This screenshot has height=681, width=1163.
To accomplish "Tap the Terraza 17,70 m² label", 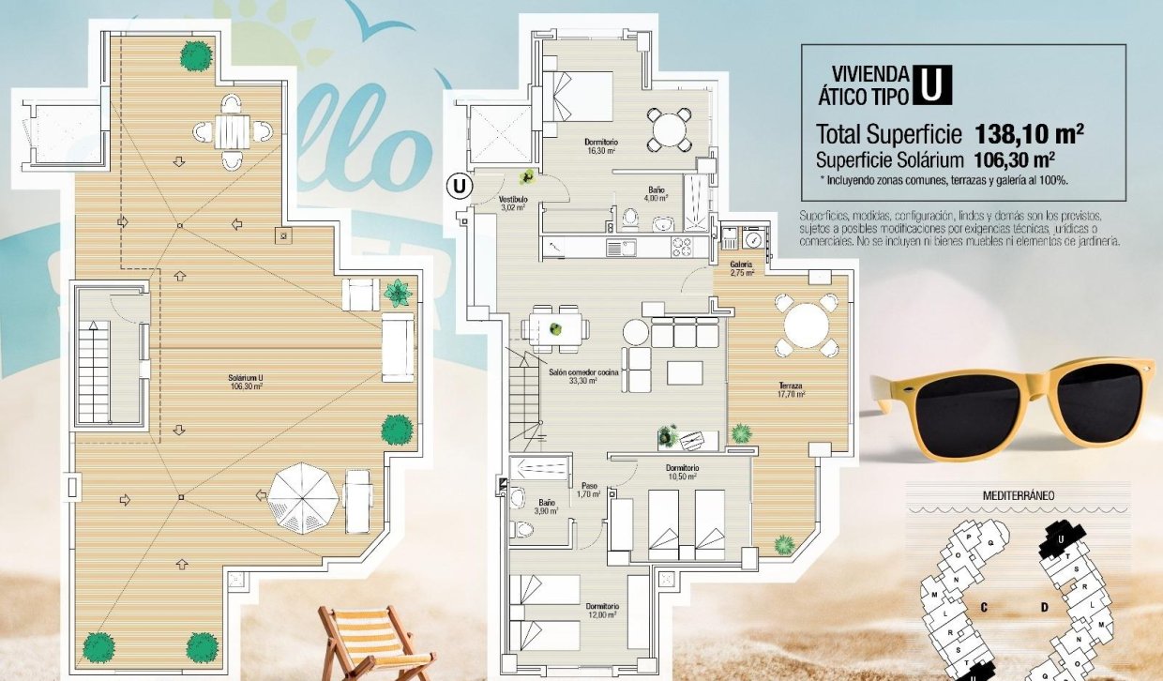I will [x=792, y=390].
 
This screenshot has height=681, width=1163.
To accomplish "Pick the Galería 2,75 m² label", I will [x=742, y=268].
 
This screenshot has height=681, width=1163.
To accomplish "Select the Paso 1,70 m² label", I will [x=589, y=490].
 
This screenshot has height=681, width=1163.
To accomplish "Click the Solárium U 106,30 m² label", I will [x=245, y=381].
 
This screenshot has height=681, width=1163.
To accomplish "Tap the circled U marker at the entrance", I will [x=458, y=186].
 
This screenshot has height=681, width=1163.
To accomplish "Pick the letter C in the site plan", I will [x=984, y=607].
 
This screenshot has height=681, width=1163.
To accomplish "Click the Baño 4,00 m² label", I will [x=657, y=194].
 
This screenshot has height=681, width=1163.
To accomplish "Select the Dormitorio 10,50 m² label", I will [x=682, y=472].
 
